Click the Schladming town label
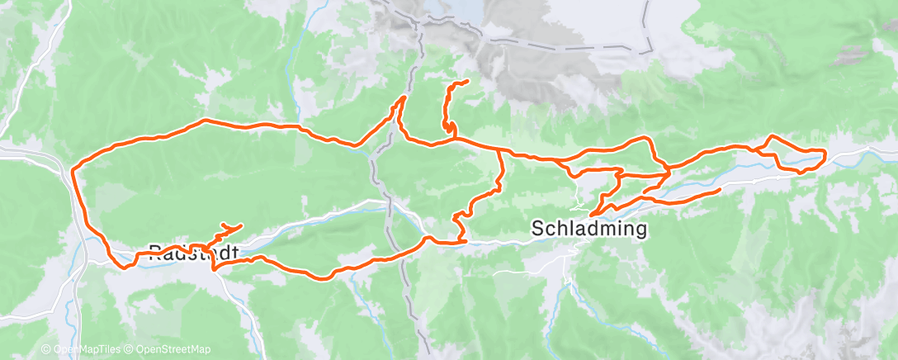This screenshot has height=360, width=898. coord(588,227)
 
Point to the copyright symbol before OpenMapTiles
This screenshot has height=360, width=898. coord(46,350)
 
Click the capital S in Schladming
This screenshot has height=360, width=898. coord(538,227)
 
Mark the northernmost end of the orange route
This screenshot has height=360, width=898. coord(467,81)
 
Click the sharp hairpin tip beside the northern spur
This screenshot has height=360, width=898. coord(404,97)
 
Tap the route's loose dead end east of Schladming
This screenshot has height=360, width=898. coord(720,189)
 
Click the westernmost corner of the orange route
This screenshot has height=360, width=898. coord(73,171)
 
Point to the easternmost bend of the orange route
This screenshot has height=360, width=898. coord(825,152)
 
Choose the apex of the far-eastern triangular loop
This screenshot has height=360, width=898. coord(772,135)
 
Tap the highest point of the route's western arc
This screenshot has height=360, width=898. coord(206,121)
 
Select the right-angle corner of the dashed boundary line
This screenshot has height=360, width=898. coord(642,52)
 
